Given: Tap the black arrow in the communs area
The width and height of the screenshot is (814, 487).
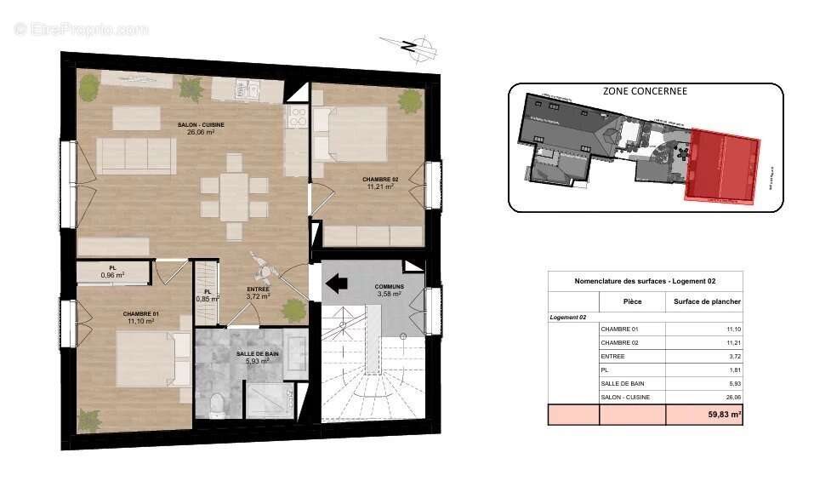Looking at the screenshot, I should pyautogui.click(x=338, y=282).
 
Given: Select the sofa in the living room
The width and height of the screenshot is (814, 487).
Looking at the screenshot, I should pyautogui.click(x=136, y=156).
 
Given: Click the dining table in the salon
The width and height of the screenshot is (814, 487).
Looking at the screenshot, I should pyautogui.click(x=235, y=196).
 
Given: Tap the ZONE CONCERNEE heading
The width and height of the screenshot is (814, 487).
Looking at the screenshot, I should pyautogui.click(x=644, y=91).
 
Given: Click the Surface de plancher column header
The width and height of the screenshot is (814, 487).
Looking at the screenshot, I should pyautogui.click(x=707, y=301).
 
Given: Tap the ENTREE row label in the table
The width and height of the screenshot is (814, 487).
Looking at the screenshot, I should pyautogui.click(x=612, y=356).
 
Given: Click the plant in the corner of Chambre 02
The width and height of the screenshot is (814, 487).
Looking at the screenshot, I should pyautogui.click(x=411, y=100).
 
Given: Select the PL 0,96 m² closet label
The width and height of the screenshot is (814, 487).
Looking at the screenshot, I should pyautogui.click(x=112, y=272).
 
